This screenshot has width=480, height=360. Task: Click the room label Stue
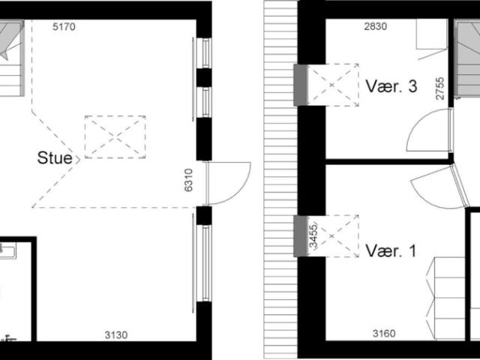[x=55, y=158]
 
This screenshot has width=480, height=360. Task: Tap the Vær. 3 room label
[x=391, y=86]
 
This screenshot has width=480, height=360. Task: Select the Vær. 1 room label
[x=391, y=250]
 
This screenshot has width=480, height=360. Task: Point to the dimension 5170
[x=64, y=27]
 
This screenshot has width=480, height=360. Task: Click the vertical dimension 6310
[x=189, y=183]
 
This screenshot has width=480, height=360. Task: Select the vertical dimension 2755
[x=442, y=88]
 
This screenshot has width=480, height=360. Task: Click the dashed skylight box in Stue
[x=115, y=136]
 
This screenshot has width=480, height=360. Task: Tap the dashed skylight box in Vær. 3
[x=334, y=84]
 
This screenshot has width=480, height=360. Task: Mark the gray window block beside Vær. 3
[x=300, y=84]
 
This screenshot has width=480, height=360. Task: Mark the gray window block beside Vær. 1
[x=300, y=235]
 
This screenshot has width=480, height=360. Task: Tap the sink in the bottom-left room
[x=7, y=251]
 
